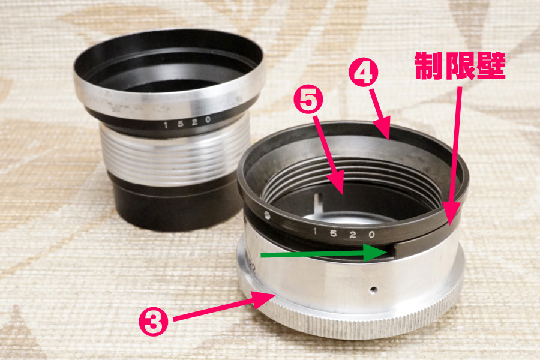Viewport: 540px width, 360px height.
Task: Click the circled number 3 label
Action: click(154, 322)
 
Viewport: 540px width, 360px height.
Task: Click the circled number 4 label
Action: click(364, 73)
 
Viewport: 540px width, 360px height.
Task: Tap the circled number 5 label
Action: click(308, 100)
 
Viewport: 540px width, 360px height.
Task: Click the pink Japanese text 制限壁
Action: click(460, 66)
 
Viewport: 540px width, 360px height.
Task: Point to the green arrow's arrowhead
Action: click(376, 253)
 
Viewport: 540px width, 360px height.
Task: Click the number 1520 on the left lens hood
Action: click(187, 122)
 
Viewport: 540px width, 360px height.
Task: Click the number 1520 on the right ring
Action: click(343, 233)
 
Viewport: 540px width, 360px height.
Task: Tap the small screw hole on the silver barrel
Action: click(374, 289)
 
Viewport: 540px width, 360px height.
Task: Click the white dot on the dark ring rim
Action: click(267, 215)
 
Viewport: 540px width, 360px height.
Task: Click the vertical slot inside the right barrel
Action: click(319, 202)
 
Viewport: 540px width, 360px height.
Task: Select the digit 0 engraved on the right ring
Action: click(371, 235)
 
